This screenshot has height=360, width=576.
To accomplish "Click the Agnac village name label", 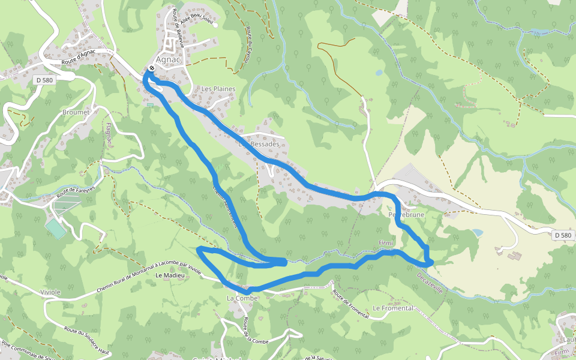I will click(169, 59).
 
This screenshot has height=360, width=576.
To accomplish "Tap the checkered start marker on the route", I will click(152, 68).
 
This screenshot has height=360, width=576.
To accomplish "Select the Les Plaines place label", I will click(218, 89).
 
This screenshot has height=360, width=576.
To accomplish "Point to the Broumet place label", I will click(76, 112).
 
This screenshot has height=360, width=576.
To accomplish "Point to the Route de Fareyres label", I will click(76, 191).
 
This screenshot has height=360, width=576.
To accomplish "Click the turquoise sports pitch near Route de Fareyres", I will click(55, 228).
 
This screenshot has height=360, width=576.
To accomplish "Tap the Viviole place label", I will click(50, 292).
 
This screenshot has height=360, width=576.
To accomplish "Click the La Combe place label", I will click(242, 298).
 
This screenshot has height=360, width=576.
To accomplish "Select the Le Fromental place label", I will click(392, 308).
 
